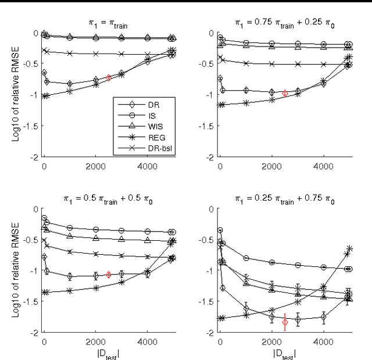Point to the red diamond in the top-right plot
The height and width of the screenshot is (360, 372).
tap(285, 93)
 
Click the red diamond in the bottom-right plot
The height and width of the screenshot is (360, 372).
tap(285, 322)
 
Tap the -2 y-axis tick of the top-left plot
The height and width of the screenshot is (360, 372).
tap(35, 157)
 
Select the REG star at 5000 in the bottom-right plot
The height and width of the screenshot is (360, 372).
tap(349, 248)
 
